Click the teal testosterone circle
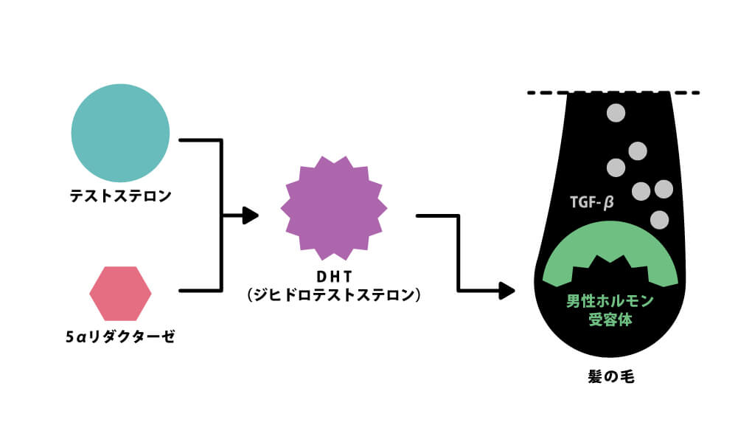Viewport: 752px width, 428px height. coord(120,134)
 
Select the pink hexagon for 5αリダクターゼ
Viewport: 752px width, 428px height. coord(120,294)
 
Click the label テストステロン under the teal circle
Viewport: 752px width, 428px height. coord(120,196)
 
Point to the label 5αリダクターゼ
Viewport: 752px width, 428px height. coord(120,336)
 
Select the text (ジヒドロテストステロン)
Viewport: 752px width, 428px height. coord(333,295)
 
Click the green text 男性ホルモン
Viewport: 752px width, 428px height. coord(610,301)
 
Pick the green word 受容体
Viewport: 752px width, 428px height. coord(610,320)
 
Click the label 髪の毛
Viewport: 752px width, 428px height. coord(610,376)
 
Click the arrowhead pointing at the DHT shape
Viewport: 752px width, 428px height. coord(251,216)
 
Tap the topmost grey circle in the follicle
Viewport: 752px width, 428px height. coord(615,114)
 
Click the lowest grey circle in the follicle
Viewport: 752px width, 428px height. coord(659,219)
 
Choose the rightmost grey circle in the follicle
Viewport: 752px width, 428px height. coord(664,189)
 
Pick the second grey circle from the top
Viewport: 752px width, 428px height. coord(638,151)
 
